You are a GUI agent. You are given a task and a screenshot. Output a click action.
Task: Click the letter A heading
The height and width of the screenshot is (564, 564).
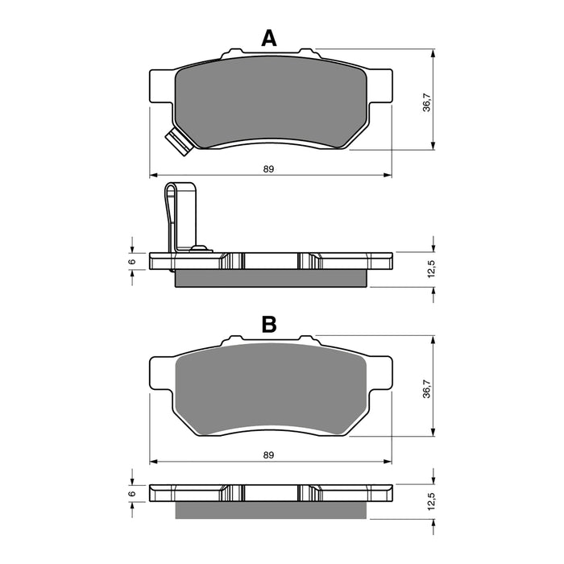tap(269, 37)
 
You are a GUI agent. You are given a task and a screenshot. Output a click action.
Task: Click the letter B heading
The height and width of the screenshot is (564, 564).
tap(269, 324)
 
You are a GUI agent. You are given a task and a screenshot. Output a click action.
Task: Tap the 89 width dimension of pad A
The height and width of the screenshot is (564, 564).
tap(269, 168)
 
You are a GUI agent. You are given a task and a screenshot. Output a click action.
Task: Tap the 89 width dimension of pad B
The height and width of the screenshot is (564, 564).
tap(269, 455)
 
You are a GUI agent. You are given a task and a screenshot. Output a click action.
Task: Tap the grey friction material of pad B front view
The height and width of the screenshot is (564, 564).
tap(271, 391)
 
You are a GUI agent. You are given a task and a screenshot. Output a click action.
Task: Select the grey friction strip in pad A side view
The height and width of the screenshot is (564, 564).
tap(271, 278)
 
